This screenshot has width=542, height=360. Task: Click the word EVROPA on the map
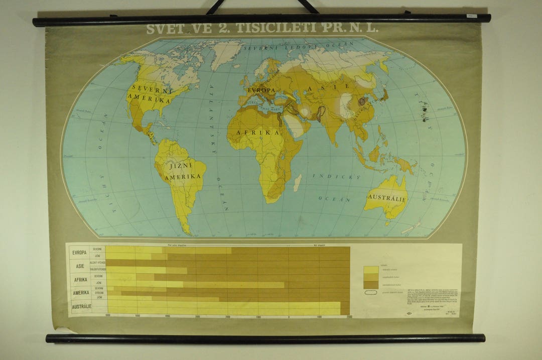tap(260, 90)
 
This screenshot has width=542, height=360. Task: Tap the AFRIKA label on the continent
tap(261, 133)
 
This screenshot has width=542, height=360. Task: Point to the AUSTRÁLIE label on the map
tap(386, 197)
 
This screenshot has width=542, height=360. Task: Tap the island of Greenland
tap(225, 53)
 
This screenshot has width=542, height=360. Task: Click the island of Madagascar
tap(297, 182)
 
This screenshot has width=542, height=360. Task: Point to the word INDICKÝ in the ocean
tap(329, 177)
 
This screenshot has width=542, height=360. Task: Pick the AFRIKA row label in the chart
tap(80, 280)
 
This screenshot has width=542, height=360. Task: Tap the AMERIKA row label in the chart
tap(80, 293)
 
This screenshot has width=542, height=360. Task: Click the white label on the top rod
tap(471, 16)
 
